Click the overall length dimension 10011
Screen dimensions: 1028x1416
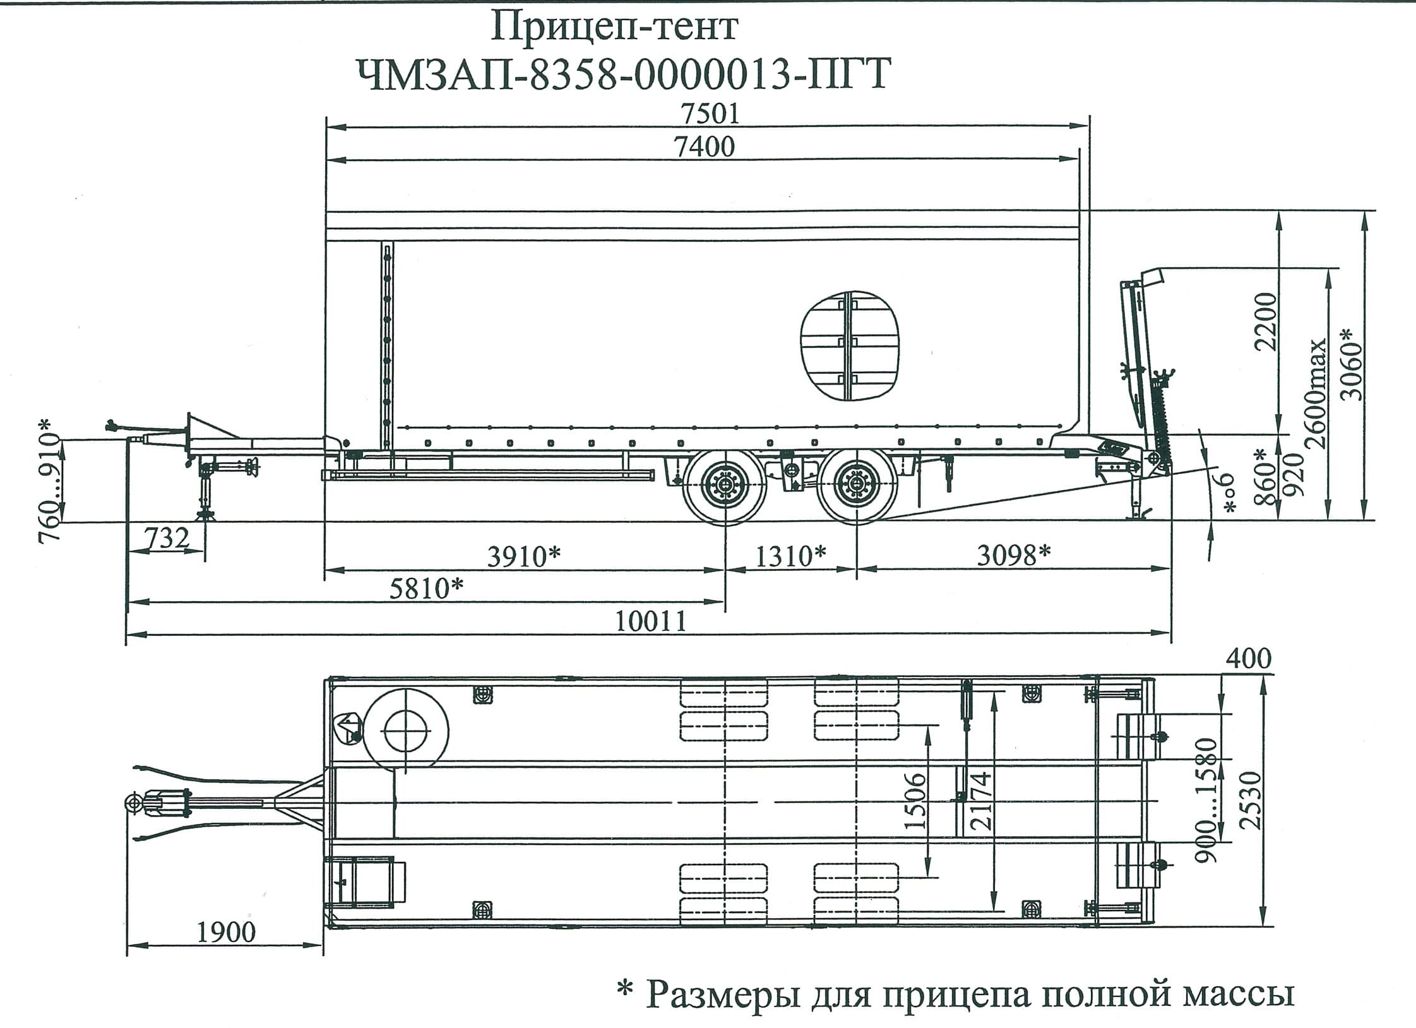coord(650,622)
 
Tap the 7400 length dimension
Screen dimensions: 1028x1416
coord(705,147)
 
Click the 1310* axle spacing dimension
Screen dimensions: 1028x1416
coord(790,556)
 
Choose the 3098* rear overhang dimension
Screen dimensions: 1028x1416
coord(1014,556)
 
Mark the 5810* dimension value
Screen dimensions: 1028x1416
coord(427,589)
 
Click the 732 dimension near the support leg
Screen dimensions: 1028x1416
coord(167,539)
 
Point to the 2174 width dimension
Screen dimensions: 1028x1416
coord(981,801)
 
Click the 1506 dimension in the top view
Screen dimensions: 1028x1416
coord(915,801)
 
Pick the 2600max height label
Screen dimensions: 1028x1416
coord(1317,393)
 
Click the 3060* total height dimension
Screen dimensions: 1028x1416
coord(1351,365)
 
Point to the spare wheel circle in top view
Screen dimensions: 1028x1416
coord(407,729)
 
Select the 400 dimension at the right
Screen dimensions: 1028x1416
coord(1248,659)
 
